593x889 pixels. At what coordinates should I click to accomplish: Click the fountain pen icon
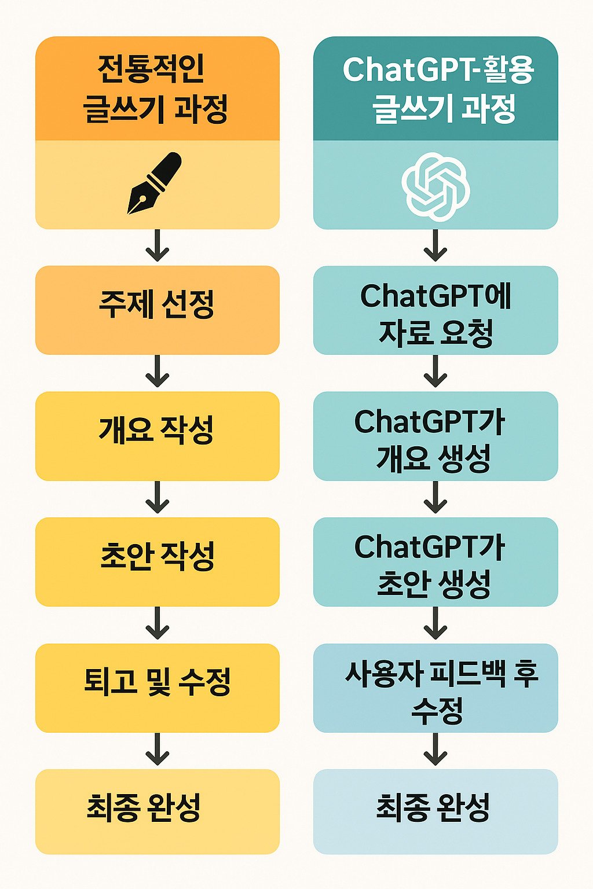click(x=155, y=183)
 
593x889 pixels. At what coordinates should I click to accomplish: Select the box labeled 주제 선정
click(x=157, y=310)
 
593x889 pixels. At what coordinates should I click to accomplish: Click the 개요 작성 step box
click(x=157, y=435)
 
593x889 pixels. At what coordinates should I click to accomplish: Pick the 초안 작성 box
click(x=157, y=561)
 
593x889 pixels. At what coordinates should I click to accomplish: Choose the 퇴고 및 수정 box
click(x=157, y=687)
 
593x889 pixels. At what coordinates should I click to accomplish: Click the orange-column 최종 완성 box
click(x=157, y=811)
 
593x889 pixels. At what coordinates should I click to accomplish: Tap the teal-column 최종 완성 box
click(x=435, y=811)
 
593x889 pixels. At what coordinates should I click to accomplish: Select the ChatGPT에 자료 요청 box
click(x=435, y=310)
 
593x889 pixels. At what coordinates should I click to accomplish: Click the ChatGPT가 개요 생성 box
click(x=435, y=435)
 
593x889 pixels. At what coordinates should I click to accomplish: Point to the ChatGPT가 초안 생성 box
click(x=435, y=561)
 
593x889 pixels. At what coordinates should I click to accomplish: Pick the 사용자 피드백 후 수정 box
click(x=435, y=687)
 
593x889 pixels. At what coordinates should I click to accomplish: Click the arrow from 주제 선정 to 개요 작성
click(x=157, y=372)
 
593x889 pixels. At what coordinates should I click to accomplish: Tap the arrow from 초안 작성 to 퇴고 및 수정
click(x=157, y=624)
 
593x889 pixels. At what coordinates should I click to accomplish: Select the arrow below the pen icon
click(x=157, y=246)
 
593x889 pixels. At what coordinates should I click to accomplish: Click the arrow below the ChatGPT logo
click(x=435, y=246)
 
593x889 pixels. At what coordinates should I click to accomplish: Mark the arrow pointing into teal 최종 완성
click(x=435, y=750)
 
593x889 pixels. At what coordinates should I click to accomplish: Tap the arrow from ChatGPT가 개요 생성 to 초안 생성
click(x=435, y=498)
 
